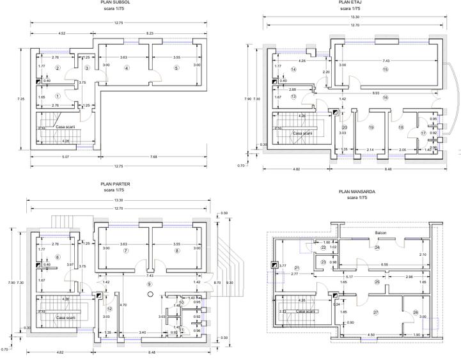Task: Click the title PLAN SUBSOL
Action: [x=115, y=3]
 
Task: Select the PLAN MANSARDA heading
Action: [x=357, y=191]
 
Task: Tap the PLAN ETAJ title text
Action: [x=350, y=3]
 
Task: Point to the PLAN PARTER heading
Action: [x=115, y=184]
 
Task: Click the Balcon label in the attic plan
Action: [x=377, y=232]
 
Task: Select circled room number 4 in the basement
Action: [x=127, y=68]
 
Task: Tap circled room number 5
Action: [x=176, y=68]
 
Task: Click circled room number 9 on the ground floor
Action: [x=150, y=283]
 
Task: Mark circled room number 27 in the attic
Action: [x=376, y=312]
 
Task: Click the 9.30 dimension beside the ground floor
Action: [x=228, y=283]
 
